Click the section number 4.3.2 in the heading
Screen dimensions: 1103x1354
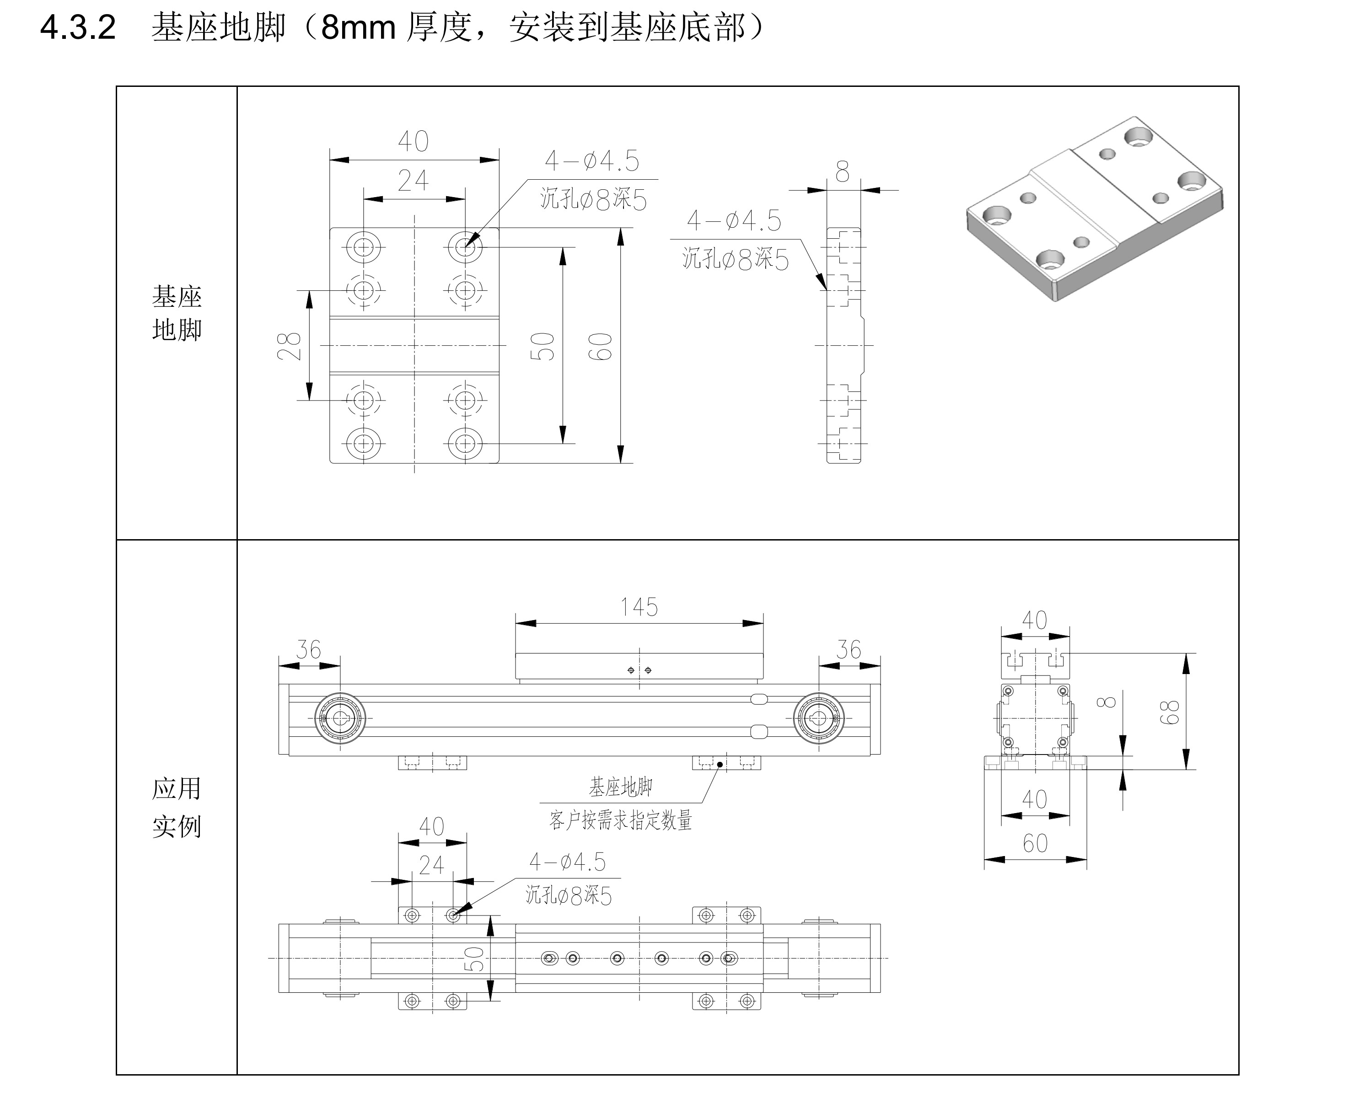click(x=77, y=28)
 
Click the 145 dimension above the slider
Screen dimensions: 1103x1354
click(x=639, y=607)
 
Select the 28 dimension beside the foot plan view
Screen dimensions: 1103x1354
click(x=289, y=346)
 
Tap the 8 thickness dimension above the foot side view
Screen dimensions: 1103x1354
click(x=843, y=171)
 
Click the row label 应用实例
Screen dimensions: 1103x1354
click(x=177, y=808)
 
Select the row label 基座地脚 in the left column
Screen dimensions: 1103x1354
click(x=177, y=313)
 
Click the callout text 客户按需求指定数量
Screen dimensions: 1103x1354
click(x=620, y=821)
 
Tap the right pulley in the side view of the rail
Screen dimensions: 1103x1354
click(x=819, y=718)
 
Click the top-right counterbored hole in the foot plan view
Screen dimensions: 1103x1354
click(x=465, y=246)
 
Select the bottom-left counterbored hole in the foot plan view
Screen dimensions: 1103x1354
click(x=364, y=443)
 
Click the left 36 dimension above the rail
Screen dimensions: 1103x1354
click(x=309, y=650)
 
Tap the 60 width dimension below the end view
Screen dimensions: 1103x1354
click(x=1035, y=844)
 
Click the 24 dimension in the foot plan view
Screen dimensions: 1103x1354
click(x=413, y=181)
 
